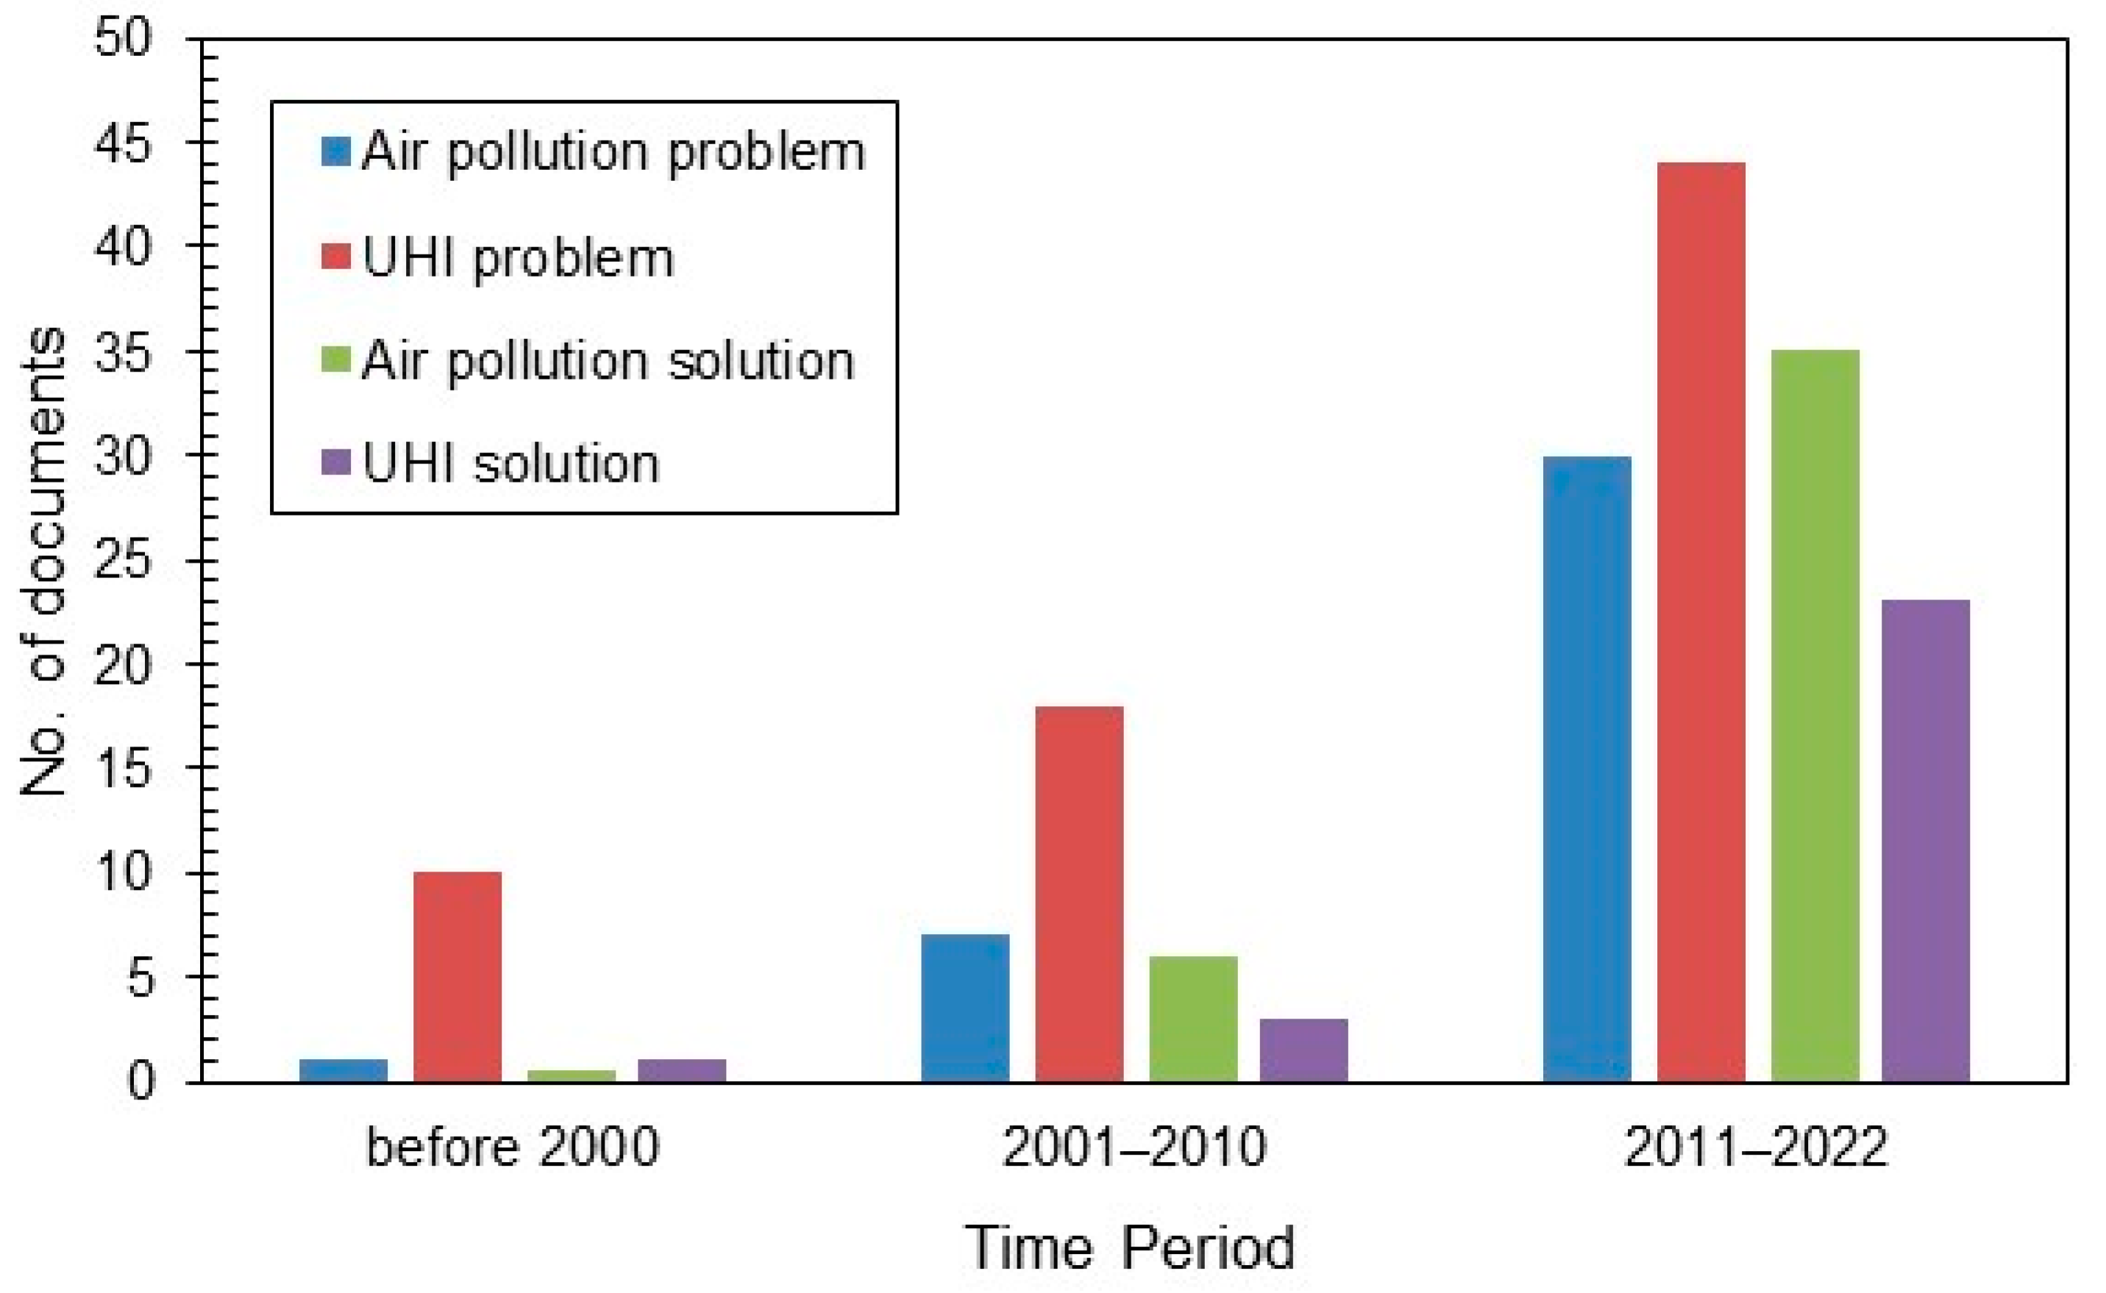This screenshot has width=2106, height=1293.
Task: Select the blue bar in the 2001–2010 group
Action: [964, 1008]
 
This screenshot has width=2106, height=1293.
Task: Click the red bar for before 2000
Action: [457, 977]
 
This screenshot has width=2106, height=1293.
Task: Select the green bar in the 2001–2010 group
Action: [1193, 1019]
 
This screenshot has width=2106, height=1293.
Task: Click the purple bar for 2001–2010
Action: [1303, 1050]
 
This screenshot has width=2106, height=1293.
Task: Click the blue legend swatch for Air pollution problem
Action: [335, 152]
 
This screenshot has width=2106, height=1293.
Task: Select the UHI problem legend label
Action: [518, 257]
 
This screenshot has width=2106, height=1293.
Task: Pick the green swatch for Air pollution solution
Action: [335, 360]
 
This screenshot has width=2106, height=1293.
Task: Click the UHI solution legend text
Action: [511, 463]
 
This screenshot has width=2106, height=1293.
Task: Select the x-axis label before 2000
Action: [512, 1147]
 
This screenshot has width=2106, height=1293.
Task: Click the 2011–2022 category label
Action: [1754, 1147]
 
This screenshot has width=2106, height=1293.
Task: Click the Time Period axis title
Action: [1131, 1249]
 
